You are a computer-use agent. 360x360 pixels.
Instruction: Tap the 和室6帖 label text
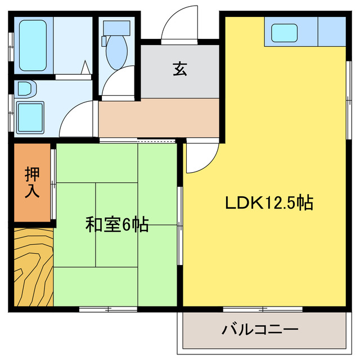[x=117, y=225]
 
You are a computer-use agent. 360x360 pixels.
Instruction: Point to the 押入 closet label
[x=32, y=182]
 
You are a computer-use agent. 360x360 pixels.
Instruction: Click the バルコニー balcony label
[x=259, y=329]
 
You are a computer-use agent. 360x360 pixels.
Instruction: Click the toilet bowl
[x=117, y=52]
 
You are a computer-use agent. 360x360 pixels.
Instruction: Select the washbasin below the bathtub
[x=25, y=89]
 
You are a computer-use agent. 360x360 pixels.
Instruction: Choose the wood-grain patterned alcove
[x=33, y=267]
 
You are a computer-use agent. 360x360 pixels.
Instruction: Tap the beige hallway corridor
[x=159, y=118]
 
